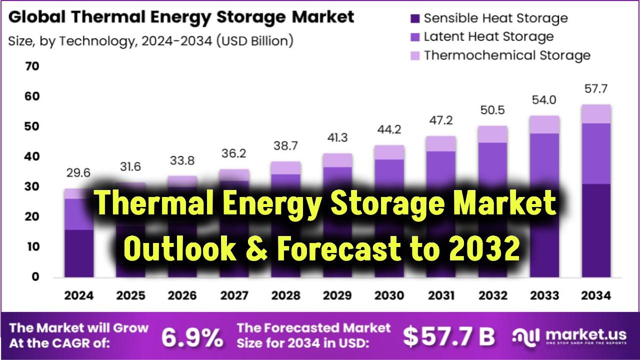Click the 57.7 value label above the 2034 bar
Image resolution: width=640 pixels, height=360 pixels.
coord(596,90)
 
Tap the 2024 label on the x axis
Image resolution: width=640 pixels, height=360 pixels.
coord(78,295)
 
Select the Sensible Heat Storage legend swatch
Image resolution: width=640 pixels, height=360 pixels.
coord(414,19)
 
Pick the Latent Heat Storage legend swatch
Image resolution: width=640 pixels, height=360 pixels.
coord(414,37)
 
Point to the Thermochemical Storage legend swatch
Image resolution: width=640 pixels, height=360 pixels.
coord(414,55)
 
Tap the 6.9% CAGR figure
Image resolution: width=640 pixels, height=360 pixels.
coord(192,338)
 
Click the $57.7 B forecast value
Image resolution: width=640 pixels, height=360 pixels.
coord(448,337)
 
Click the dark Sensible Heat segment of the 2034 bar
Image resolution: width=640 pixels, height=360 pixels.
coord(596,230)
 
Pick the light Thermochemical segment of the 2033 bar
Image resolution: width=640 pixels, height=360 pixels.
coord(544,124)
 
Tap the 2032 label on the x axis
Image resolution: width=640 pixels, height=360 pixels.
coord(492,295)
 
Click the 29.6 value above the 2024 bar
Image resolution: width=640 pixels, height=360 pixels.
coord(78,173)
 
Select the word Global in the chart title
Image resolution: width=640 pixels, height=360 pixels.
coord(37,17)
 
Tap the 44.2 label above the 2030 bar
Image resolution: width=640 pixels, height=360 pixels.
coord(389,129)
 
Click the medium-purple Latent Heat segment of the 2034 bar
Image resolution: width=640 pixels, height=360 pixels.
coord(596,153)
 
